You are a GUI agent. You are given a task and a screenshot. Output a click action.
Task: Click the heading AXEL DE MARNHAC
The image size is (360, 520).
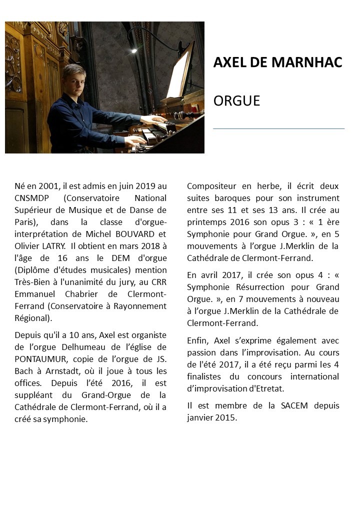coord(277,62)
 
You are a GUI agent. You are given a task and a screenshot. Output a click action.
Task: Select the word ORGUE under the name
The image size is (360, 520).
coord(236,100)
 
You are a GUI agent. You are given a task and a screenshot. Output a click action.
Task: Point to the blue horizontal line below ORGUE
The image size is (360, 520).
coord(278,128)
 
